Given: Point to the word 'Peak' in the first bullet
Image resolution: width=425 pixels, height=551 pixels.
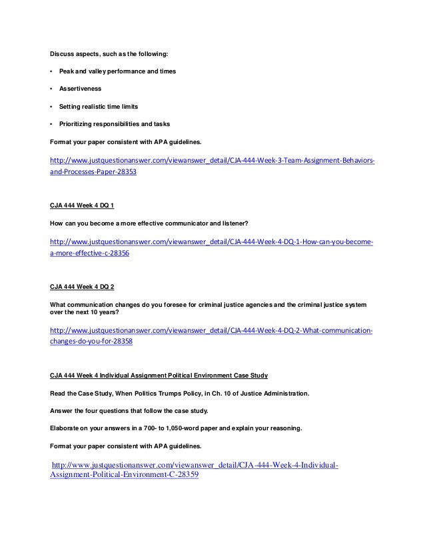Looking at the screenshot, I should point(67,70).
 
